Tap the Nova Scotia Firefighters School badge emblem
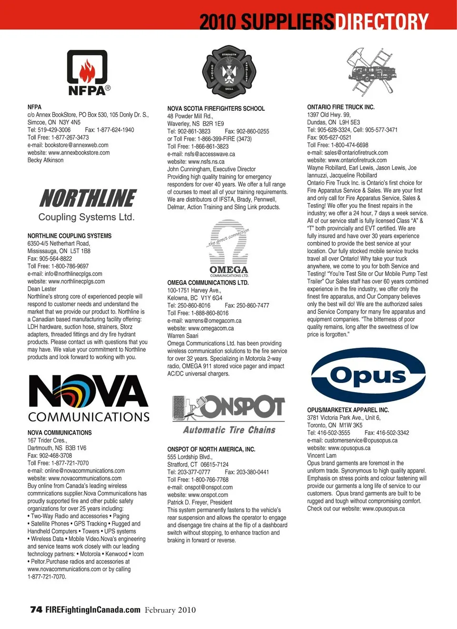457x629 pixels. (x=229, y=71)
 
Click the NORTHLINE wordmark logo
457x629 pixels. (x=88, y=198)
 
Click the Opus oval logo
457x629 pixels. (x=368, y=375)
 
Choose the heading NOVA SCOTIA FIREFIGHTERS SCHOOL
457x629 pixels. (x=216, y=108)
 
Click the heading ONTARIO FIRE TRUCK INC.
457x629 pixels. (x=341, y=107)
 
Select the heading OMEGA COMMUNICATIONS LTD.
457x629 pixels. (x=208, y=283)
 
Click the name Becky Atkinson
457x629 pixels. (x=45, y=160)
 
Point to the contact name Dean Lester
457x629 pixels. (x=42, y=289)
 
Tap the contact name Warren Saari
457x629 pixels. (x=183, y=335)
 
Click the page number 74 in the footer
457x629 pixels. (x=36, y=609)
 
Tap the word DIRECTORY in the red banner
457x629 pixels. (x=382, y=21)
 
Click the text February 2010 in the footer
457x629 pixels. (x=170, y=610)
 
